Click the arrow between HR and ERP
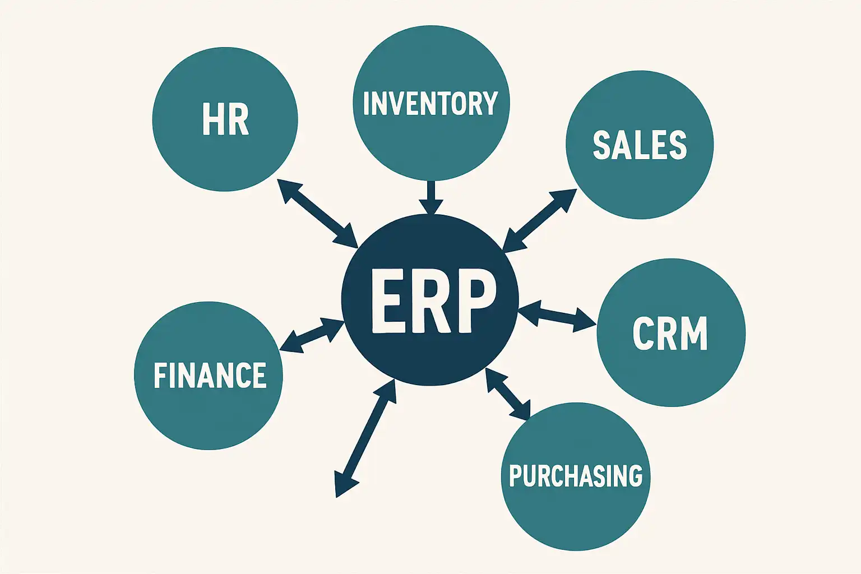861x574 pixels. (x=317, y=213)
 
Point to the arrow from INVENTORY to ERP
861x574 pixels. (x=430, y=196)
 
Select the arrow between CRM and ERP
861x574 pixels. (x=557, y=317)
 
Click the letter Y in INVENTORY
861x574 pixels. (x=490, y=104)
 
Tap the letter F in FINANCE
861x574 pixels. (x=161, y=376)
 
